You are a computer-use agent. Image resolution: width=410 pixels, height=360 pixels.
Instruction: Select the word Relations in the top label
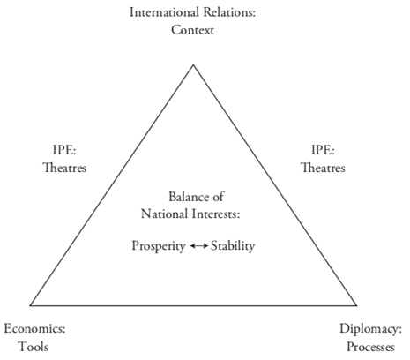229,12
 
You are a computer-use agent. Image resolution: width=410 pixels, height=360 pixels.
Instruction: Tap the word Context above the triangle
192,30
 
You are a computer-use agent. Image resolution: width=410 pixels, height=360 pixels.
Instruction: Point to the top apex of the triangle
193,64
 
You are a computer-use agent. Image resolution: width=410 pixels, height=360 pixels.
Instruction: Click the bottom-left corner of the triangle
30,305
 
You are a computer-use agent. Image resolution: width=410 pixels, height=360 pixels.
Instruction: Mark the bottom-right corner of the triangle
356,305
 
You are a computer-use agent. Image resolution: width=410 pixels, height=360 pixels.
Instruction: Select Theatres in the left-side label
64,168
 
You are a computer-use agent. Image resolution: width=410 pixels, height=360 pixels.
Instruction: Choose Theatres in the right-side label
323,168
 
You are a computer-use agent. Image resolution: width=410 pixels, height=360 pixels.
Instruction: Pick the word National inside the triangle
165,214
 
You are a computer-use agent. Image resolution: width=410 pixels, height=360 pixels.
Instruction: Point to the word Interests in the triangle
216,214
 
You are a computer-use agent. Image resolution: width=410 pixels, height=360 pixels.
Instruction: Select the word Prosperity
159,246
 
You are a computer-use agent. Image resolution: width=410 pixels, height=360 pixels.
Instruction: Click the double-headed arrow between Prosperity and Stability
199,246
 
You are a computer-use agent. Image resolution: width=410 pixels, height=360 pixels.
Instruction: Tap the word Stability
233,246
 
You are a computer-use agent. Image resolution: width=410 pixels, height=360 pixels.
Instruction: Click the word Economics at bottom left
34,328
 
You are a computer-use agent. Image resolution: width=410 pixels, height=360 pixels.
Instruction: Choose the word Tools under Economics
34,347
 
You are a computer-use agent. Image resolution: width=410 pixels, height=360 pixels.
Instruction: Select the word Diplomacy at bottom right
370,329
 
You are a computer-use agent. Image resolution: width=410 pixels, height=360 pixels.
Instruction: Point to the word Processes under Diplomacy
370,347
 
